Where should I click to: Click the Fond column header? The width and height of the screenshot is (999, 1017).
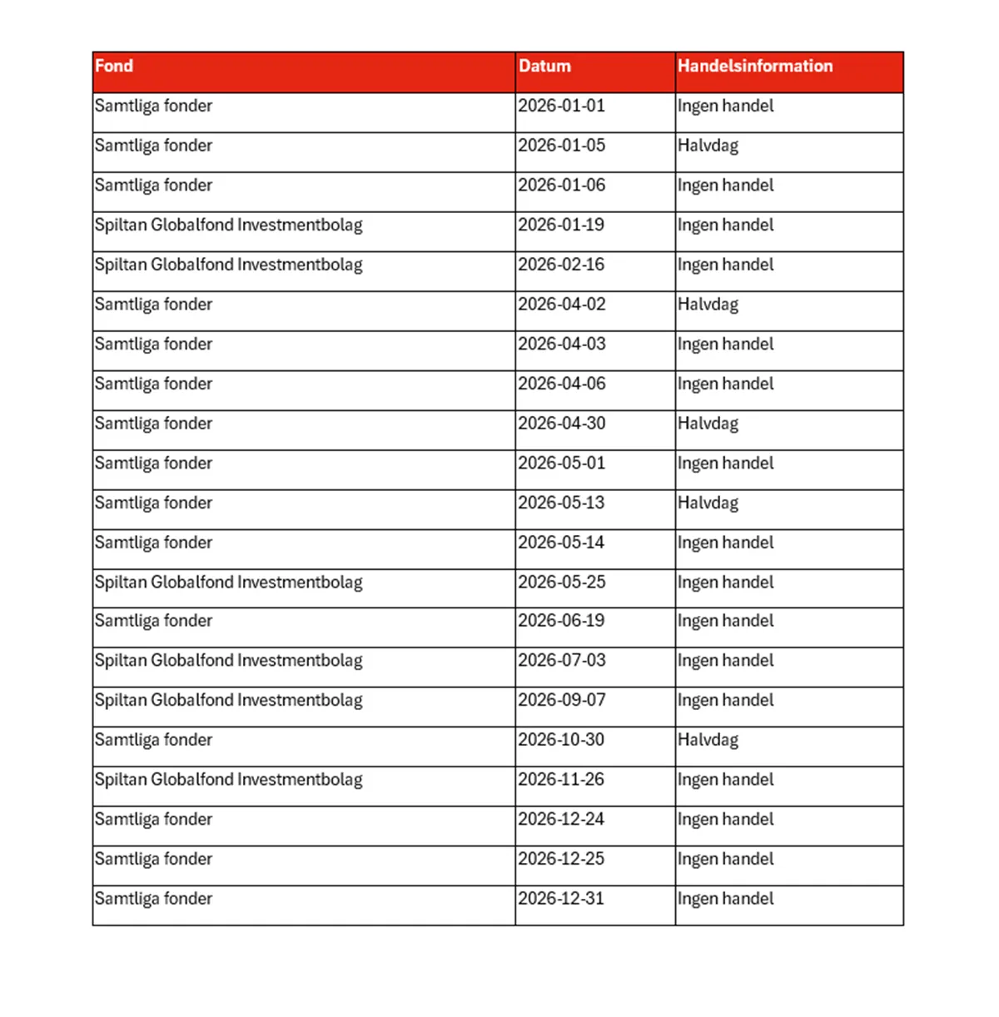click(114, 67)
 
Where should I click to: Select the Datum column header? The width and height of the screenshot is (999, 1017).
click(544, 67)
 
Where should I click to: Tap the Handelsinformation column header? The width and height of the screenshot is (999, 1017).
click(754, 67)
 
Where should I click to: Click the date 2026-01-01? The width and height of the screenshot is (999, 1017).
click(561, 106)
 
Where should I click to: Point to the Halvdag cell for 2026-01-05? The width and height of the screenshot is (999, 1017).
click(708, 146)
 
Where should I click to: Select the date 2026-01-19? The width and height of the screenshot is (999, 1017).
click(561, 225)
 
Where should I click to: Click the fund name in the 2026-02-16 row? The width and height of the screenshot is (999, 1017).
click(228, 265)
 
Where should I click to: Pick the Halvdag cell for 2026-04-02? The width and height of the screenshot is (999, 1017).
click(708, 305)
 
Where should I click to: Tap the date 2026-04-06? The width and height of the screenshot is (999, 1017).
click(561, 384)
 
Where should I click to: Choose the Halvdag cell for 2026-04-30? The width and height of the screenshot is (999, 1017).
click(708, 424)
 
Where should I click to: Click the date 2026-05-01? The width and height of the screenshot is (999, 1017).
click(561, 463)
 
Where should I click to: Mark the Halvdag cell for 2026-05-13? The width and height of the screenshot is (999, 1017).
click(708, 503)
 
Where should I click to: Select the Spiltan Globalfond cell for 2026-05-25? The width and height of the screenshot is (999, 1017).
click(228, 582)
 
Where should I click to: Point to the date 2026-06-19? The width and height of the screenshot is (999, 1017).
click(561, 621)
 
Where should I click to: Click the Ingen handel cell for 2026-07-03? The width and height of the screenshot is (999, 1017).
click(725, 661)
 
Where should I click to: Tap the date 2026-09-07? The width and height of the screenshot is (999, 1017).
click(561, 700)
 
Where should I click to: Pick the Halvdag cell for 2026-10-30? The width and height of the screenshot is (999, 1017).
click(708, 740)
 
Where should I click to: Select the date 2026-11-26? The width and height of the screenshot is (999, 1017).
click(561, 780)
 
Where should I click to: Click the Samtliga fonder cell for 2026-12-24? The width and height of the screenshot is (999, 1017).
click(153, 819)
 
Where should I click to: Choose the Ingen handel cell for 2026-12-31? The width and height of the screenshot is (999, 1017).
click(725, 899)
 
